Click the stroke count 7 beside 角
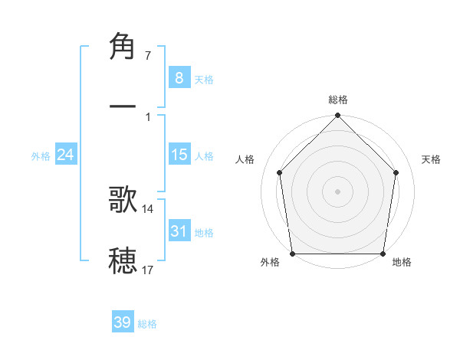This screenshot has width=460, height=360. coord(148,56)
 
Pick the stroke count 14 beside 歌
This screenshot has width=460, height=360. coord(148,208)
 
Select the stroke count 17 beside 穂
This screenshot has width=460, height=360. coord(148,270)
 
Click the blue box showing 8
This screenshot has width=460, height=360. coord(179,78)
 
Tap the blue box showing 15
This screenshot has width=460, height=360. coord(179,155)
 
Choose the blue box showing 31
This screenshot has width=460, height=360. coord(179,231)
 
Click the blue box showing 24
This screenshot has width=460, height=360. coord(65,155)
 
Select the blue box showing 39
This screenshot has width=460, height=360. coord(122,322)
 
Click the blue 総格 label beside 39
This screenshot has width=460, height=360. coord(147,324)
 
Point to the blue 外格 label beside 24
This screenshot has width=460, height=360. coord(41,156)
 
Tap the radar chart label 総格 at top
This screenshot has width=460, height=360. coord(338,100)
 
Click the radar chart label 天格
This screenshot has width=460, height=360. coord(432,159)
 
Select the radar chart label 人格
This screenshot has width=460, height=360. coord(245,159)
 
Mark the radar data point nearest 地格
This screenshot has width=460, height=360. coord(383,254)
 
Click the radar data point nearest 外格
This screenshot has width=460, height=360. coord(292,254)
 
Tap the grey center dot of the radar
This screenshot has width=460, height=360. coord(338,191)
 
